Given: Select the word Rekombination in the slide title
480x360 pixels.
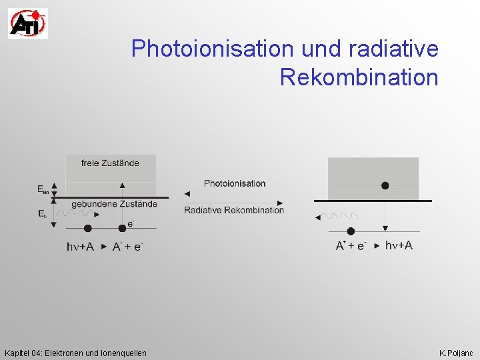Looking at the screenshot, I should coord(359,77).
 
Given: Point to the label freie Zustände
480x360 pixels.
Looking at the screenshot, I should coord(110,163).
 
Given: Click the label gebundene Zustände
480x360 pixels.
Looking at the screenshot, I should coord(114,203).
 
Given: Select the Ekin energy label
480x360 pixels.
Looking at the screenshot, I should coord(43,189).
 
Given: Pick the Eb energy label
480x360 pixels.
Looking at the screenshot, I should coord(42,214).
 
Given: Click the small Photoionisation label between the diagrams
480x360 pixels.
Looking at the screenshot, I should coord(234,183).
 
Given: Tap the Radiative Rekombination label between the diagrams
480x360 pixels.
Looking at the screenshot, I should coord(234,210).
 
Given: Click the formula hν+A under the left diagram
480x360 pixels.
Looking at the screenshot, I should coord(80,246).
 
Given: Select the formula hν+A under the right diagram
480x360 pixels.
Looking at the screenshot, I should coord(399,245).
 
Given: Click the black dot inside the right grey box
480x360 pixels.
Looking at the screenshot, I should coord(385,185).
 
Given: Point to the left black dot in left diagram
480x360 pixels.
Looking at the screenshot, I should coord(88,229).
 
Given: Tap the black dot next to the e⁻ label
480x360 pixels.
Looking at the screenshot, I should coord(121,229).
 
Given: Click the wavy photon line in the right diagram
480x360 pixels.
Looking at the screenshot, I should coord(340,216).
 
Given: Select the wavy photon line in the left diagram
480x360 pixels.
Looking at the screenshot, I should coord(75,214).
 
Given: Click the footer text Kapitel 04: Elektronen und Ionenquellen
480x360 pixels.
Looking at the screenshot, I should coord(75,352).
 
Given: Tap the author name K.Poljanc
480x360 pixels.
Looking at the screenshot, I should coord(456,352).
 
